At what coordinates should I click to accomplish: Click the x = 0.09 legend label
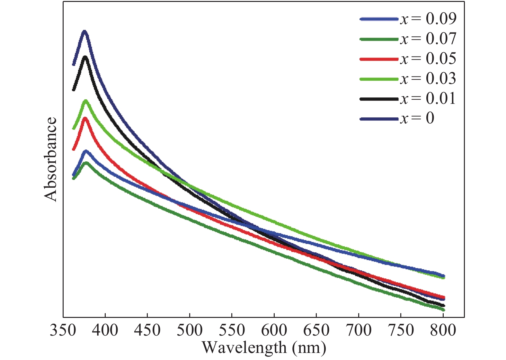(x=428, y=19)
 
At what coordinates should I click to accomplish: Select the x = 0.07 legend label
(x=428, y=39)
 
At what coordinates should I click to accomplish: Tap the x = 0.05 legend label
(x=428, y=59)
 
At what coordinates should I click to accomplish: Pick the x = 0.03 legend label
(x=428, y=79)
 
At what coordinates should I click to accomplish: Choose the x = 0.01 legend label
(x=428, y=99)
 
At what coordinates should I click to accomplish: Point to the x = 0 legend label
(x=417, y=119)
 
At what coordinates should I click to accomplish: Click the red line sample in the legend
(x=379, y=59)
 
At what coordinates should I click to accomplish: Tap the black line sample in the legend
(x=379, y=99)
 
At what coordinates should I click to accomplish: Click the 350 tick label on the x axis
(x=63, y=330)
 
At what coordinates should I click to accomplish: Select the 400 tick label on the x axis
(x=105, y=330)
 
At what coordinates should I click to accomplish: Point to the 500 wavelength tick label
(x=190, y=330)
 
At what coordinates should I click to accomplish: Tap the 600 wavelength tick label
(x=274, y=330)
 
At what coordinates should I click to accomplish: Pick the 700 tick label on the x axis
(x=359, y=330)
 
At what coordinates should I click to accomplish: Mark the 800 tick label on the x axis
(x=443, y=330)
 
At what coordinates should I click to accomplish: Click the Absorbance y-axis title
(x=51, y=159)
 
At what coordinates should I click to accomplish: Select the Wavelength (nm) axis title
(x=264, y=348)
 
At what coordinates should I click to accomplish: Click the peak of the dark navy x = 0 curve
(x=85, y=32)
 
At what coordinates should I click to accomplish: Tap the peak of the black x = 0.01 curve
(x=85, y=57)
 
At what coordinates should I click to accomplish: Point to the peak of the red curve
(x=85, y=118)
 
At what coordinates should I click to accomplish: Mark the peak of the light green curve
(x=85, y=101)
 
